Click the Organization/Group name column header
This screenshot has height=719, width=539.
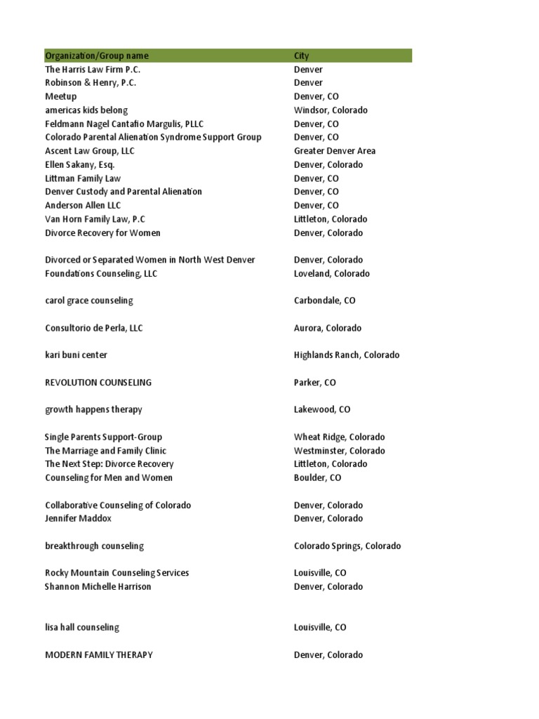[x=97, y=56]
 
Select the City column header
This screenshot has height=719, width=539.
[x=301, y=56]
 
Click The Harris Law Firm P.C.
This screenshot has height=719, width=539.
[x=93, y=70]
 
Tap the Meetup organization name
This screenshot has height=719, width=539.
[x=61, y=97]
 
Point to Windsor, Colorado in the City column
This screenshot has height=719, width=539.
[x=331, y=110]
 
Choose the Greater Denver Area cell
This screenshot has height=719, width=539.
[x=335, y=151]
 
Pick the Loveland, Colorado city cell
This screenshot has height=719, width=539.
[x=331, y=274]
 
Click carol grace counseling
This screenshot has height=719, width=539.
[x=89, y=301]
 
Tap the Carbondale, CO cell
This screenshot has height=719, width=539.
[x=324, y=301]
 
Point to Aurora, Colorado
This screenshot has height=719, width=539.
[x=328, y=328]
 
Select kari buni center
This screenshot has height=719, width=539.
[x=76, y=355]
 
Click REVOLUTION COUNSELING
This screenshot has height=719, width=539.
[x=98, y=383]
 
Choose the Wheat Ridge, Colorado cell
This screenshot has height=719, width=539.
[x=339, y=437]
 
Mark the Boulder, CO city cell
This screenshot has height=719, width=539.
[x=317, y=478]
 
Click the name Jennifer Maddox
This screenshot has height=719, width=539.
[x=79, y=519]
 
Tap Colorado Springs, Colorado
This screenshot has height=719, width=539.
[x=347, y=546]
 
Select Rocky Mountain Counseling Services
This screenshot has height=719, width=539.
[x=117, y=573]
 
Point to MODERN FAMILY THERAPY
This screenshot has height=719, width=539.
[x=99, y=655]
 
